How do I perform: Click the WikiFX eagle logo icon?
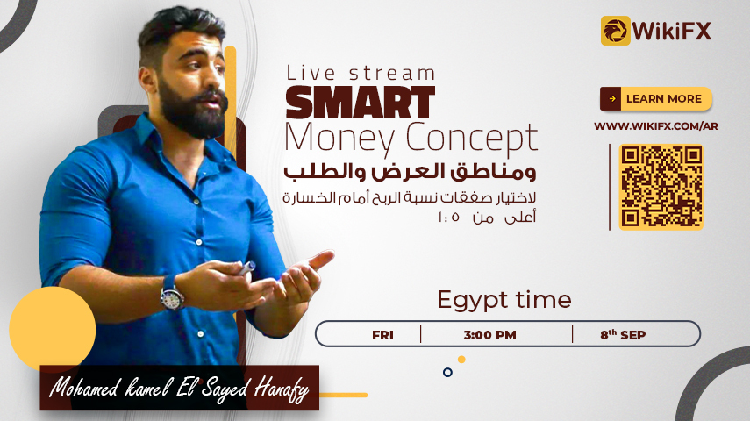click(615, 31)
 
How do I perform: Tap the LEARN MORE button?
click(656, 98)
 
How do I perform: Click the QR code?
click(661, 187)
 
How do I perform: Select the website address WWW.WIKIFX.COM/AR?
click(656, 126)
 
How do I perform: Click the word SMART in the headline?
click(361, 103)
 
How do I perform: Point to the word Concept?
click(472, 139)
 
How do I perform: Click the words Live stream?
click(361, 73)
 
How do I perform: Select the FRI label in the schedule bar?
click(382, 335)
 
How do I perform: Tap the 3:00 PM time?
click(489, 335)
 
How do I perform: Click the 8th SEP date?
click(623, 334)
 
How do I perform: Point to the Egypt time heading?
click(504, 301)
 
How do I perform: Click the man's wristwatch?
click(171, 293)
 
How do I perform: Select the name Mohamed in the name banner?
click(84, 388)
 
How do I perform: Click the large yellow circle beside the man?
click(52, 330)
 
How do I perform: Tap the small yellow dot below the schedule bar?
click(461, 360)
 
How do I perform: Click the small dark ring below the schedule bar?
click(447, 372)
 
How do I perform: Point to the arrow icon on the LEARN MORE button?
click(611, 98)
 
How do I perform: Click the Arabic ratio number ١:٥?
click(448, 218)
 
